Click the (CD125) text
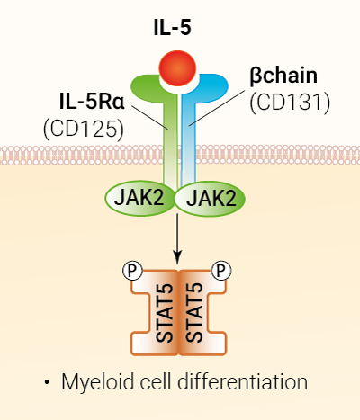pos(82,129)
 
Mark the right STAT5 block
pos(200,310)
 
